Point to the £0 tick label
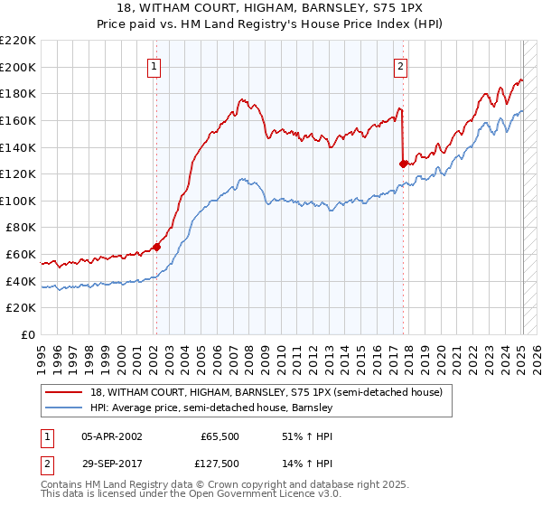[x=27, y=335]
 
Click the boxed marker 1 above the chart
[x=155, y=65]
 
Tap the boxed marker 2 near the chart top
[x=400, y=65]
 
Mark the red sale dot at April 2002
[x=156, y=246]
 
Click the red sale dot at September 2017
[x=404, y=164]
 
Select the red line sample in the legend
[x=63, y=393]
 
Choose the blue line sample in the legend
[x=63, y=408]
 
